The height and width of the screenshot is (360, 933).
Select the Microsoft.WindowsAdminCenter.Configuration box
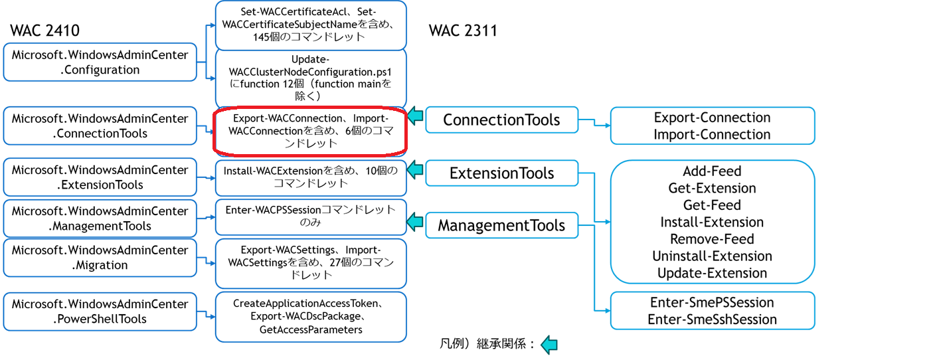click(100, 62)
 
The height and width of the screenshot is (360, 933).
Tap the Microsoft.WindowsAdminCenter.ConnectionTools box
click(100, 126)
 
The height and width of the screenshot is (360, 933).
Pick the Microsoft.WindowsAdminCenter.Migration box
click(100, 257)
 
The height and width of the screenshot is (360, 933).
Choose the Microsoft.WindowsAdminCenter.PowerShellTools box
click(100, 311)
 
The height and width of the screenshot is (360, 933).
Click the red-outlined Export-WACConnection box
click(310, 130)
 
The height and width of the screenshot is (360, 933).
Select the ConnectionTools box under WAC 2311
click(501, 120)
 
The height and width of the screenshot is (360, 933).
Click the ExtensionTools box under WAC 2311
click(501, 173)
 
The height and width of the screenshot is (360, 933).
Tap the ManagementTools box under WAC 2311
click(501, 225)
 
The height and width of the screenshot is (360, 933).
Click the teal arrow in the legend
click(549, 344)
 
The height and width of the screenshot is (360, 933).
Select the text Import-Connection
click(712, 134)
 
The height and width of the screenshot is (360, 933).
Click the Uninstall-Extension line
click(712, 256)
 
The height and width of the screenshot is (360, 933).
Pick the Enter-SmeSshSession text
click(712, 319)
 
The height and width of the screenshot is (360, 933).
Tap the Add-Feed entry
click(712, 171)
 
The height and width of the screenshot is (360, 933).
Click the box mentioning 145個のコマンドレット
click(310, 25)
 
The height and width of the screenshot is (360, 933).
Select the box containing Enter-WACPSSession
click(310, 216)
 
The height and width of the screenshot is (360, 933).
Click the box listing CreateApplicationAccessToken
click(310, 316)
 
